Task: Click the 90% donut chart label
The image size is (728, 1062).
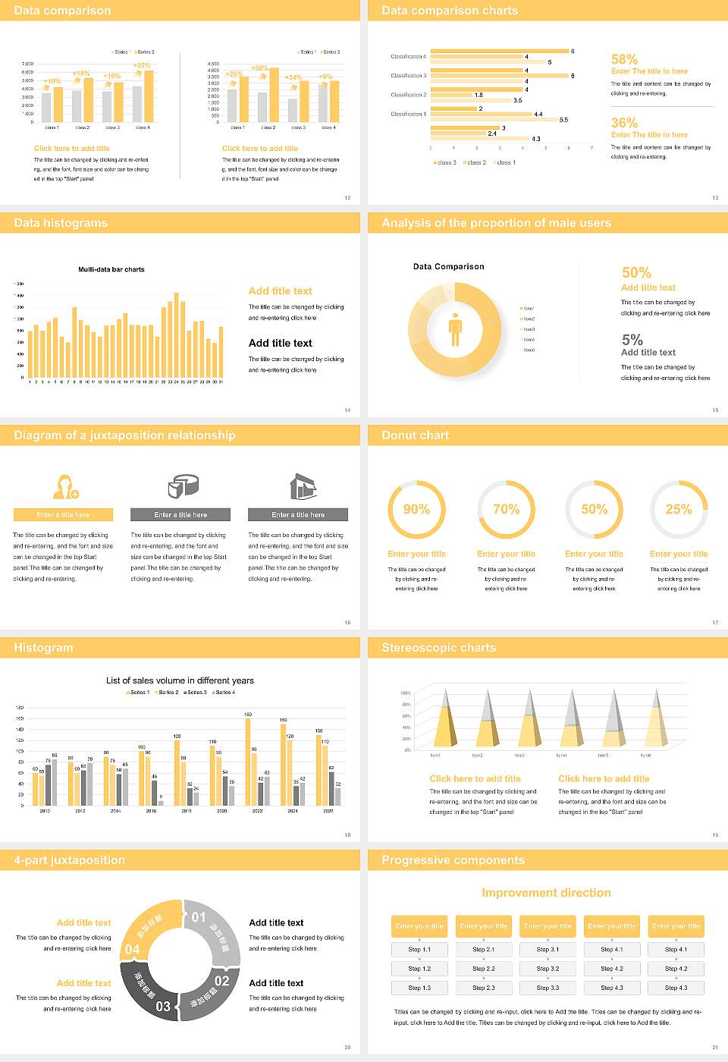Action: click(416, 509)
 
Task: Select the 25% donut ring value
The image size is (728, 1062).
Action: click(679, 509)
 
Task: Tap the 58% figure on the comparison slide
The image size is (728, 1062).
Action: click(624, 59)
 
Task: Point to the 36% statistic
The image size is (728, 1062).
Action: click(624, 123)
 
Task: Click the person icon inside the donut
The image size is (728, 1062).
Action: click(455, 329)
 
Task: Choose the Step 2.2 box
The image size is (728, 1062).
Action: click(484, 969)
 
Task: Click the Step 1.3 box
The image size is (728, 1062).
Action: click(419, 988)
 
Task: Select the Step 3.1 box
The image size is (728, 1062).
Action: click(548, 950)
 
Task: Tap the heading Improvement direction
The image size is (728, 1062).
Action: click(546, 893)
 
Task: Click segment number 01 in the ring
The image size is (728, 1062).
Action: click(199, 917)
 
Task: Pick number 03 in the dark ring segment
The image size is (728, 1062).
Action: click(163, 1007)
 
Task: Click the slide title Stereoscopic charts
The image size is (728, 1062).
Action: click(438, 648)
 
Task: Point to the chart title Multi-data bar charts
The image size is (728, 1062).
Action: click(111, 269)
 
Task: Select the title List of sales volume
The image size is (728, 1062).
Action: click(180, 680)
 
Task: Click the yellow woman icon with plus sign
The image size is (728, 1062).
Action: click(64, 486)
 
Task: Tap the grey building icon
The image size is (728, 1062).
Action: click(303, 486)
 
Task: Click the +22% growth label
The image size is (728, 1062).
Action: click(142, 65)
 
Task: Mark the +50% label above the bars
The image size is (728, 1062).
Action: click(259, 68)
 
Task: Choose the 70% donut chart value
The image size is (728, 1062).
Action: click(506, 509)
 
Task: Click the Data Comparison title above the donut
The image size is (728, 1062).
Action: click(448, 266)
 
